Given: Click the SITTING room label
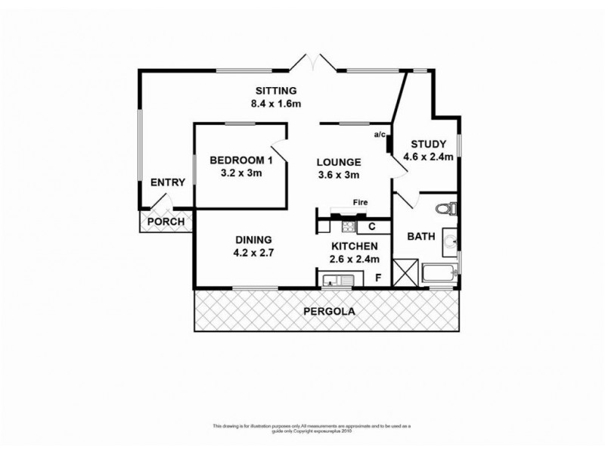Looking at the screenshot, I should click(x=275, y=91).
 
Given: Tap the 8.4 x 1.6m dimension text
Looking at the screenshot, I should click(x=277, y=104).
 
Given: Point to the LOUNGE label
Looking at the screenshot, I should click(x=338, y=162).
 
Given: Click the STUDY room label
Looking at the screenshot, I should click(x=428, y=145).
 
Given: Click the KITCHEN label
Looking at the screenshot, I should click(x=354, y=246).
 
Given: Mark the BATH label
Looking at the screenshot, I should click(x=420, y=236).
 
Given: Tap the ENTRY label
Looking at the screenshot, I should click(x=167, y=182).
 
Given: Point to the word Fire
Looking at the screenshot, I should click(x=361, y=202).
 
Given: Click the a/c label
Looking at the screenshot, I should click(x=380, y=135).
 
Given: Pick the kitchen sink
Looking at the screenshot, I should click(x=337, y=281).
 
